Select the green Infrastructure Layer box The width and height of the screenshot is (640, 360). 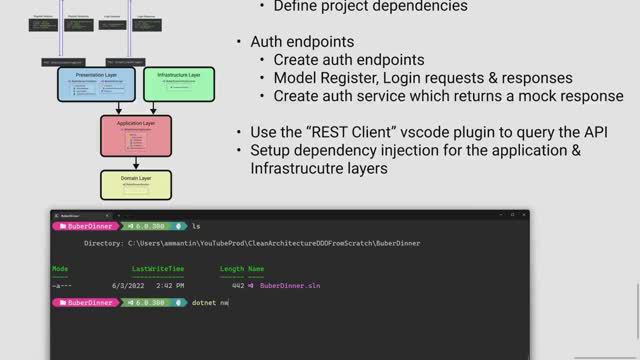tap(179, 84)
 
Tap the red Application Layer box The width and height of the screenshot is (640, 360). tap(137, 139)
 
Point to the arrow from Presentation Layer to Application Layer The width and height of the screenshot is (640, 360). tap(119, 108)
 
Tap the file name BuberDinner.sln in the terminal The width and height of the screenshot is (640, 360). tap(291, 285)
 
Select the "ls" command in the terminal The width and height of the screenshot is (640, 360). tap(197, 227)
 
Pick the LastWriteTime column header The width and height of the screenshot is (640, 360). tap(157, 269)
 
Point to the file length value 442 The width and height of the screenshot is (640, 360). tap(237, 285)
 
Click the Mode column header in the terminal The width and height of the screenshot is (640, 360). tap(60, 269)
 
